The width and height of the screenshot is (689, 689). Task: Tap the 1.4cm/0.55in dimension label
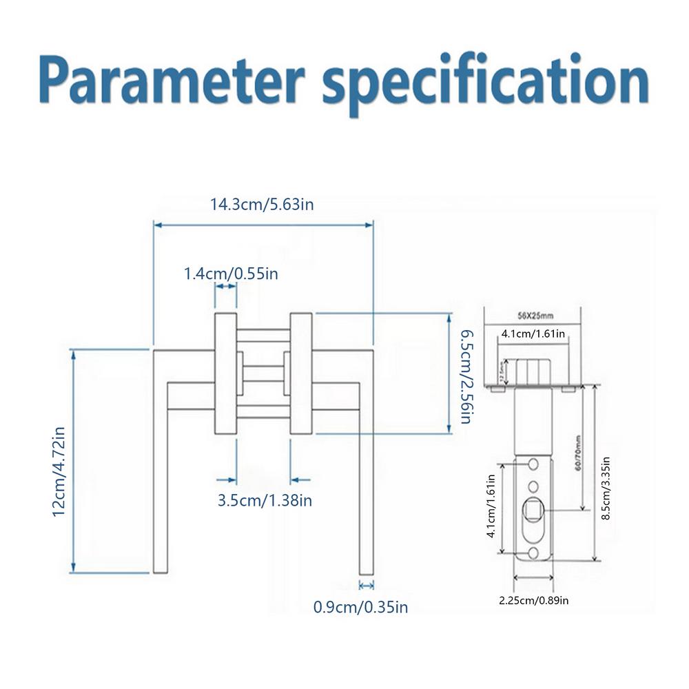coord(231,274)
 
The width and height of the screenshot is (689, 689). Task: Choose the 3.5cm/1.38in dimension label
coord(265,501)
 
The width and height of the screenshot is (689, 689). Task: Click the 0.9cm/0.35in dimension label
coord(360,607)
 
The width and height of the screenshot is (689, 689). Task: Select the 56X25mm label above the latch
coord(535,316)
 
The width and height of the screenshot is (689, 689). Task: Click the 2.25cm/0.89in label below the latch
coord(534,600)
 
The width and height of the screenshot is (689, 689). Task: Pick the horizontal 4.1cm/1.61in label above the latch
coord(533,333)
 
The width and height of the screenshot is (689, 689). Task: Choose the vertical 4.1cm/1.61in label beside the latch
coord(491,506)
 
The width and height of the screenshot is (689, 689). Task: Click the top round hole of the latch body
coord(534,462)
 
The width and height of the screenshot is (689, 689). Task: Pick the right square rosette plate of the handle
coord(301,373)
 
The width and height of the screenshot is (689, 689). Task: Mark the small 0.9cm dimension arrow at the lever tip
coord(366,585)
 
